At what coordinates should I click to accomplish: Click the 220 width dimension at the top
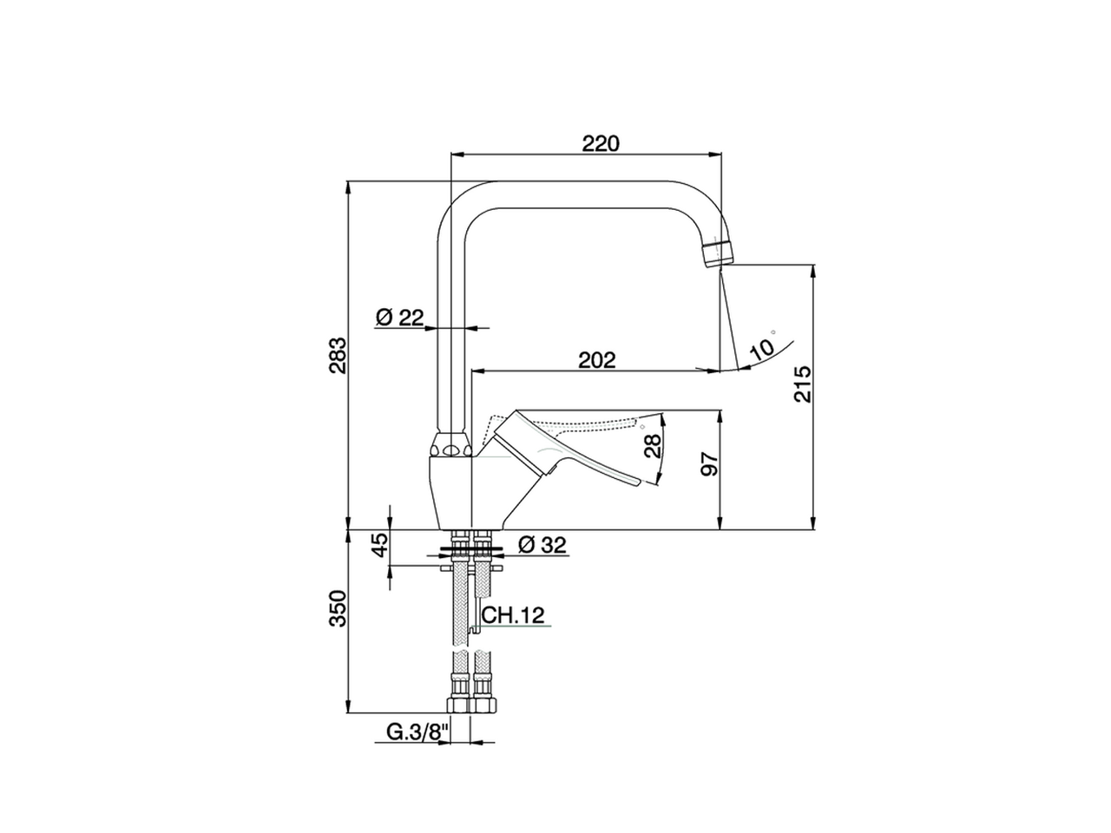pyautogui.click(x=601, y=143)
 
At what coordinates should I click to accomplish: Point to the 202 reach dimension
pyautogui.click(x=598, y=359)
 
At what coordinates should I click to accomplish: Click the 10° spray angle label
pyautogui.click(x=760, y=347)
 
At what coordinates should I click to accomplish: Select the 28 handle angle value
pyautogui.click(x=653, y=446)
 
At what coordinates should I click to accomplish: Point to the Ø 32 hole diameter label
pyautogui.click(x=542, y=545)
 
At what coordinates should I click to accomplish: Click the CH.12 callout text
pyautogui.click(x=513, y=615)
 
